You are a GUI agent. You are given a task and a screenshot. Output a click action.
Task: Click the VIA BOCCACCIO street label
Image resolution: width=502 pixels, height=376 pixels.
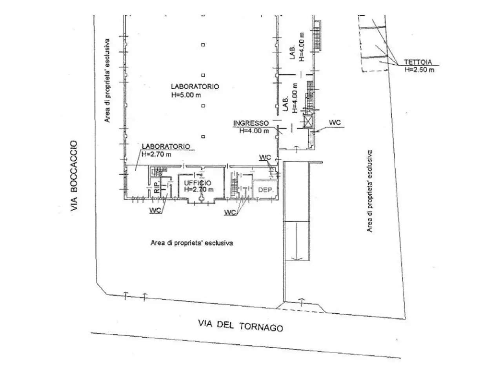[x=74, y=175]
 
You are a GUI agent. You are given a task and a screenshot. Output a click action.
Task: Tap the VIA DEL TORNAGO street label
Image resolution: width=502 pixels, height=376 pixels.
[x=240, y=325]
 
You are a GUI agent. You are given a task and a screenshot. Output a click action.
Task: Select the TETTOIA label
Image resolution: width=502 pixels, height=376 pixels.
[x=418, y=62]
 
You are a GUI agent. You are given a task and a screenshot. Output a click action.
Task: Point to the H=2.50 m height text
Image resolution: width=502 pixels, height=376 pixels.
[x=419, y=70]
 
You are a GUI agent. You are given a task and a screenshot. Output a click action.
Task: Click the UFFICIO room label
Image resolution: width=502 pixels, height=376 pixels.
[x=198, y=183]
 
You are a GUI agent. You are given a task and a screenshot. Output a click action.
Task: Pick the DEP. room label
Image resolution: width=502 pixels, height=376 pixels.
[x=266, y=190]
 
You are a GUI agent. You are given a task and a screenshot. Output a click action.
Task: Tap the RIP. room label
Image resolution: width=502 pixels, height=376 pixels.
[x=157, y=187]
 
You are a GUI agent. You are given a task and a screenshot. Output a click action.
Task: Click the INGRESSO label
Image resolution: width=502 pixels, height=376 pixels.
[x=251, y=123]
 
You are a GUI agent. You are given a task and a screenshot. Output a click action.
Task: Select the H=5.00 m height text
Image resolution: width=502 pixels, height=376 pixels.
[x=186, y=95]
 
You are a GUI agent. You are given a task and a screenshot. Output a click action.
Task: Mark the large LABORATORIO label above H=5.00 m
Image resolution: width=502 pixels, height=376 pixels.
[x=195, y=87]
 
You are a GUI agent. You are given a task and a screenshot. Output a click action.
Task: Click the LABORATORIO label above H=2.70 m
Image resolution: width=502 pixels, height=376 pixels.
[x=166, y=146]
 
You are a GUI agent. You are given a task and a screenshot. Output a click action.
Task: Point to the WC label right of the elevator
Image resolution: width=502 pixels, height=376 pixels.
[x=335, y=123]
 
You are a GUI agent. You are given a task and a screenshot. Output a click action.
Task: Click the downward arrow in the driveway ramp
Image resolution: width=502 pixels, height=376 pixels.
[x=296, y=242]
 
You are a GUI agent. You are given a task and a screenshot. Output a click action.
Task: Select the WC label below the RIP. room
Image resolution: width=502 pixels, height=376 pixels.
[x=155, y=210]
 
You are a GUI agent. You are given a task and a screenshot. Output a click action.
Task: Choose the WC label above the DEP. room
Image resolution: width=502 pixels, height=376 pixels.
[x=265, y=157]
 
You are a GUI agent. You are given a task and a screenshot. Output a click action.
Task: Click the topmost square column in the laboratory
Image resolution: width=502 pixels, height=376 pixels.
[x=203, y=45]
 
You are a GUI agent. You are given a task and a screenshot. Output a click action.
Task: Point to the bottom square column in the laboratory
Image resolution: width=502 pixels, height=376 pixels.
[x=203, y=137]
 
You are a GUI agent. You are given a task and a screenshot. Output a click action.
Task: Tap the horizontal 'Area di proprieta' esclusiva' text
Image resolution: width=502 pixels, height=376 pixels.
[x=192, y=243]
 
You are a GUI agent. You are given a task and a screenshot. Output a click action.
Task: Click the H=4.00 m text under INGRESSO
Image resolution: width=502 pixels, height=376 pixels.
[x=254, y=131]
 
